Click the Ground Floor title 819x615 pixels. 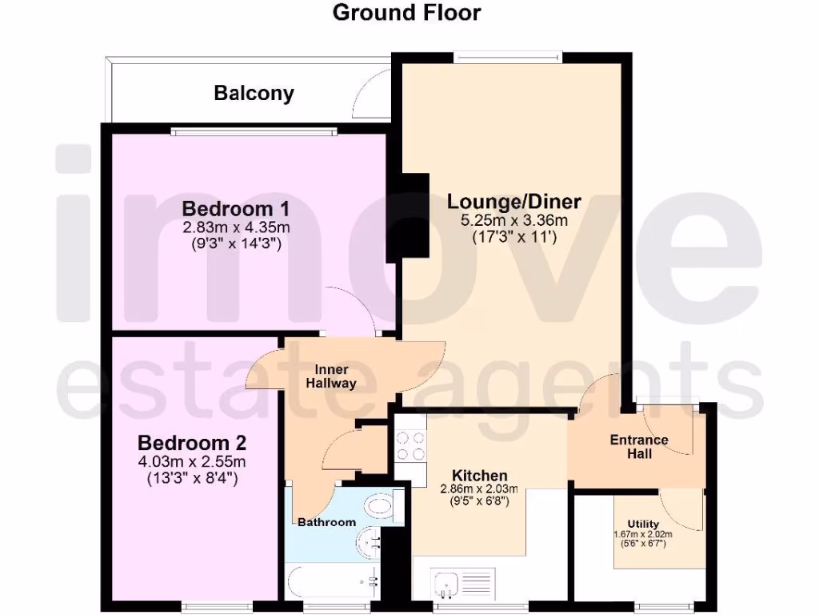coord(406,13)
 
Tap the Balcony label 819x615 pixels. coord(254,94)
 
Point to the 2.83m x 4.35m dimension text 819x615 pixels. coord(236,228)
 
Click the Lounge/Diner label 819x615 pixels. coord(513,201)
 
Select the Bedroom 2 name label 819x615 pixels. coord(192,443)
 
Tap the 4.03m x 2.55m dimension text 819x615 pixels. coord(192,462)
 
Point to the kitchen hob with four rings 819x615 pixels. coord(410,446)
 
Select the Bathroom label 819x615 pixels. coord(326,523)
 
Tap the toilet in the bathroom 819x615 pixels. coord(379,507)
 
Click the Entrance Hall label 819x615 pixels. coord(639,447)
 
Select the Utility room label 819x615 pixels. coord(643,525)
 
